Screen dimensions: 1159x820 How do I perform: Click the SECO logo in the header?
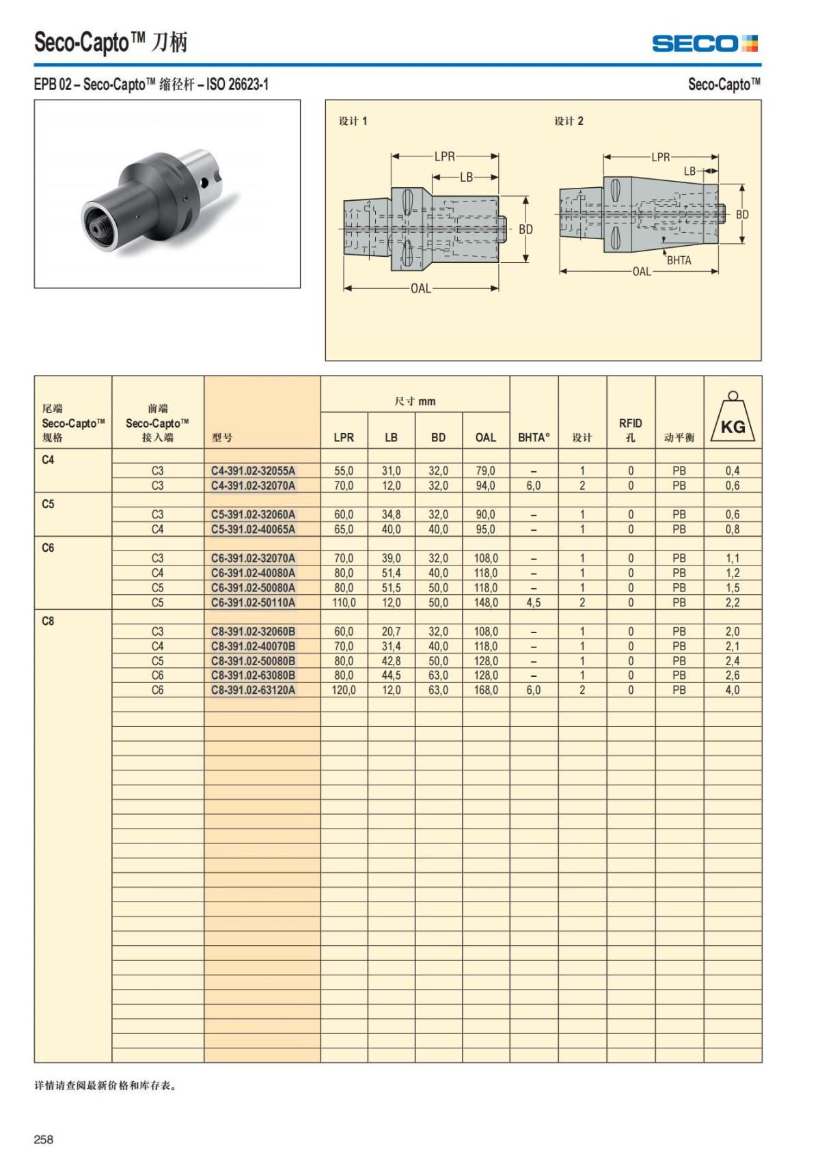(705, 44)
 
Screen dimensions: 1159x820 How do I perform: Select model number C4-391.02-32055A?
(253, 471)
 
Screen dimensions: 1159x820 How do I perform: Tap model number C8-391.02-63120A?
(253, 690)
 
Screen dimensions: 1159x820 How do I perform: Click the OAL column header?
(486, 437)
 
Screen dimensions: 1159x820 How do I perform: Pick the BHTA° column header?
(534, 437)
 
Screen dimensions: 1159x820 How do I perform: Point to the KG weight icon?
(733, 418)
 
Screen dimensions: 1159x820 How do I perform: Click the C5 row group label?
(48, 504)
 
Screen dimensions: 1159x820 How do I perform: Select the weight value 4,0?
(733, 690)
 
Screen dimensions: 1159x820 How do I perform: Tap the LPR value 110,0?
(344, 602)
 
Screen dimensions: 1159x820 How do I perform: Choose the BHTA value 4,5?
(534, 602)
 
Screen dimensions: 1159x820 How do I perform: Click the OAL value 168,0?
(486, 690)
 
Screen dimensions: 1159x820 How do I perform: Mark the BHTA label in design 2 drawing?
(679, 260)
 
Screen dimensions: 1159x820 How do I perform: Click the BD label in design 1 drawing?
(525, 229)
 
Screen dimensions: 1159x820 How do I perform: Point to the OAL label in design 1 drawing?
(421, 289)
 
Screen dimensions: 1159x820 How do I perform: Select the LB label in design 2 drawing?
(690, 171)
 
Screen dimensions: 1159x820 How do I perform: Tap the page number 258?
(44, 1139)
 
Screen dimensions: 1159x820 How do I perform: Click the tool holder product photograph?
(167, 194)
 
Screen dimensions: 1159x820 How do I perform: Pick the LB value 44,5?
(391, 675)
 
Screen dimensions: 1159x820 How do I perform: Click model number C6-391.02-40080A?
(253, 573)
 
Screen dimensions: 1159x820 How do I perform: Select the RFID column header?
(630, 430)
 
